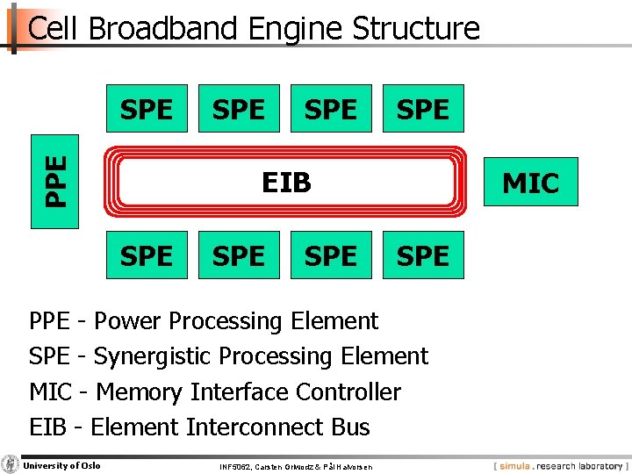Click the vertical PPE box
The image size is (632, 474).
point(54,182)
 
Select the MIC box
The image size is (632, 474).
point(530,183)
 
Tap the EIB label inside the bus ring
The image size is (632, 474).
point(287,183)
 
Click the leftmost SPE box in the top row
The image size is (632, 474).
point(147,109)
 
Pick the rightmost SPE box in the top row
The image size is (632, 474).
point(423,109)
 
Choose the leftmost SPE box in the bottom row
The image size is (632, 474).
point(147,255)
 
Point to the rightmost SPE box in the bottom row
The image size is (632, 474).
point(423,255)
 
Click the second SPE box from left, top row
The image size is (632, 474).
point(239,109)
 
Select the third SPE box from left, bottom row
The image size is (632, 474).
point(331,255)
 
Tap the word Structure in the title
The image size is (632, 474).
point(416,29)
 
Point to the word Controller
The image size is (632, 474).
point(348,391)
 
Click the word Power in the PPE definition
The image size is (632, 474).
point(126,321)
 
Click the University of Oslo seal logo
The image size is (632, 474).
point(11,464)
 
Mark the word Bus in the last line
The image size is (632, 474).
point(350,427)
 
